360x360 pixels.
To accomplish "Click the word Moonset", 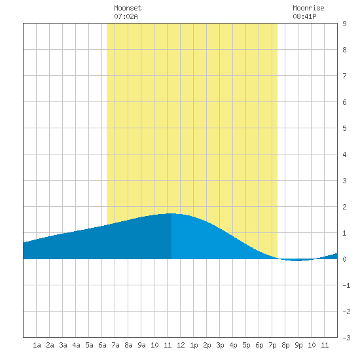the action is tap(128, 8).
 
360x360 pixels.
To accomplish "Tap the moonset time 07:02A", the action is tap(126, 16).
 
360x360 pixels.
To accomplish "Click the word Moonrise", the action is tap(308, 8).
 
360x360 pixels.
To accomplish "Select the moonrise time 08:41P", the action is tap(304, 16).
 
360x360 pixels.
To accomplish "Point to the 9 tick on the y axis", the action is tap(344, 24).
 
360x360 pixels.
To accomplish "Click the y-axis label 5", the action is tap(344, 128).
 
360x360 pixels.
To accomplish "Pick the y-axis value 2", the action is tap(344, 207).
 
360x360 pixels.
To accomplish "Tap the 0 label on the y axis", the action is tap(344, 259).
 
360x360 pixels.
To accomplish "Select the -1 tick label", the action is tap(346, 285).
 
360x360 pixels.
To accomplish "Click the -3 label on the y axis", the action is tap(346, 338).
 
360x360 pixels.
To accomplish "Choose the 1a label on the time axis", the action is tap(37, 345).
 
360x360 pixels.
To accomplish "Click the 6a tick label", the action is tap(102, 345).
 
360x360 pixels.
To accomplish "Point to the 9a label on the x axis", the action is tap(141, 345).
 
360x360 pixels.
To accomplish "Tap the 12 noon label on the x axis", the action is tap(181, 345).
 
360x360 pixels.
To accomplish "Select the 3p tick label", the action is tap(220, 345).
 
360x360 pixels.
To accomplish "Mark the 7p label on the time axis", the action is tap(272, 345).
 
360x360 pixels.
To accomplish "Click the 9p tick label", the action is tap(298, 345).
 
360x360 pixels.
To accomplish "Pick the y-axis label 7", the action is tap(344, 76).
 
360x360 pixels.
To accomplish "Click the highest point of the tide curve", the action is tap(171, 213).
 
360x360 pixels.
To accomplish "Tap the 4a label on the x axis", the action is tap(76, 345).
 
